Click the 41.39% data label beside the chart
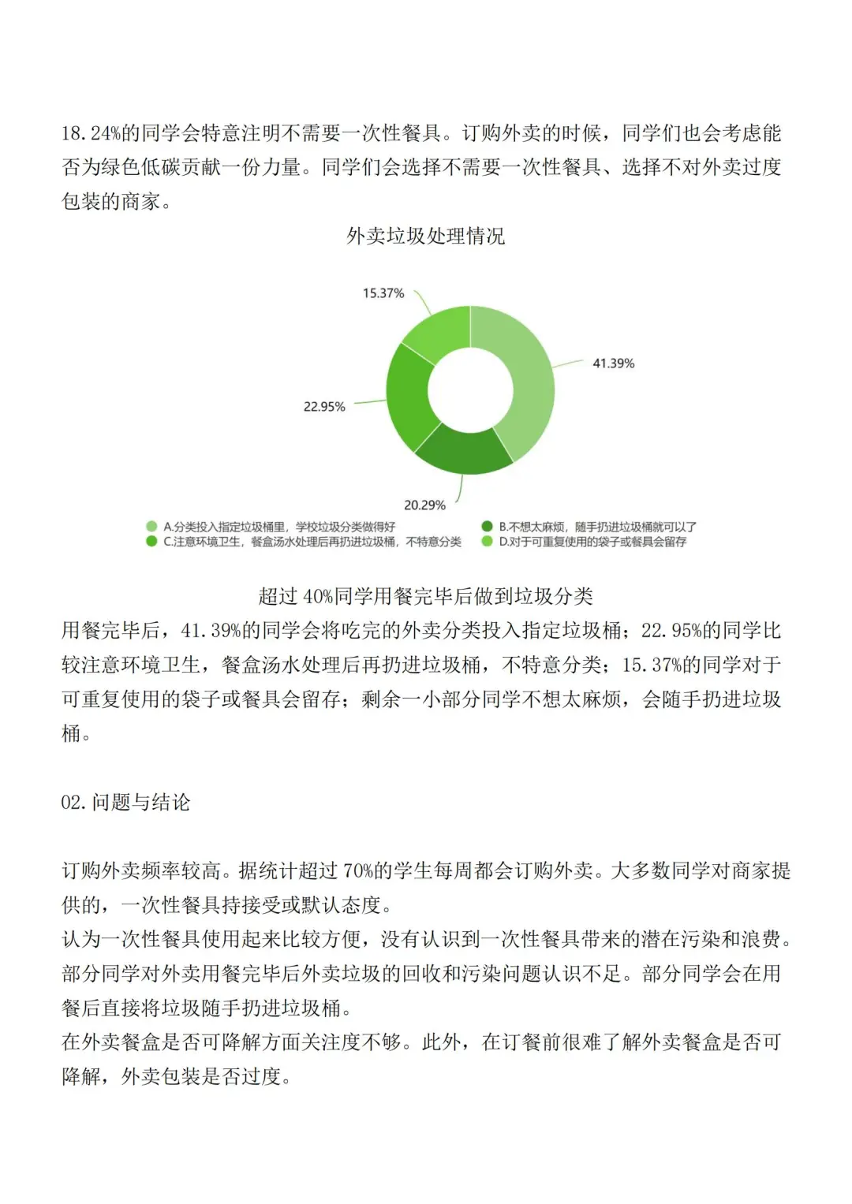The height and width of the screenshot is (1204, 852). click(613, 363)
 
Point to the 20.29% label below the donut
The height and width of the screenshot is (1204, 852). click(424, 505)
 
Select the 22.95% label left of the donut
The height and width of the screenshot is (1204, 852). click(324, 407)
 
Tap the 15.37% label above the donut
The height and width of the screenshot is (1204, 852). click(383, 293)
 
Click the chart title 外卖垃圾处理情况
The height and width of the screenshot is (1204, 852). click(425, 236)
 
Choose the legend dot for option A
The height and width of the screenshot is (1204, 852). click(151, 527)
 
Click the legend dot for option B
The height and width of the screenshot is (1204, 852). click(487, 527)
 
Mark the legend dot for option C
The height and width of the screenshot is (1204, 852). click(151, 542)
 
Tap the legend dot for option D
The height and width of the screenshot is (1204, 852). click(487, 542)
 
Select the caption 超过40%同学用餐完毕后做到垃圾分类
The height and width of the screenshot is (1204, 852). click(425, 596)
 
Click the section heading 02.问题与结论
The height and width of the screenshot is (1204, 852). click(125, 803)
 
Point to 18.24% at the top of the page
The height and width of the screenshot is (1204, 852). click(91, 133)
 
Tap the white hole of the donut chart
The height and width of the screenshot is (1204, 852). click(470, 390)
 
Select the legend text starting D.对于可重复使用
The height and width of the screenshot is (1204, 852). click(592, 542)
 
